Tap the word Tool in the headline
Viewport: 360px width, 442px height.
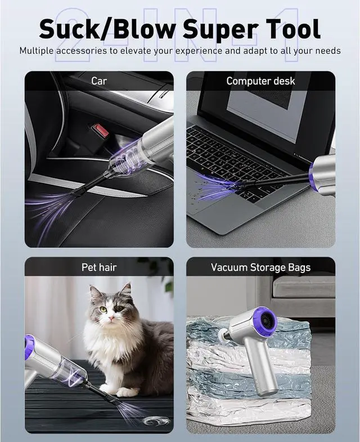click(292, 28)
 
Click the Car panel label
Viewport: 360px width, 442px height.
click(99, 81)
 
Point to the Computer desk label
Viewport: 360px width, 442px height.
click(260, 81)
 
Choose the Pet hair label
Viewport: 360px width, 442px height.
click(99, 267)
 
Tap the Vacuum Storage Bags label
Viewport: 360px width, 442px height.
click(260, 267)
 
